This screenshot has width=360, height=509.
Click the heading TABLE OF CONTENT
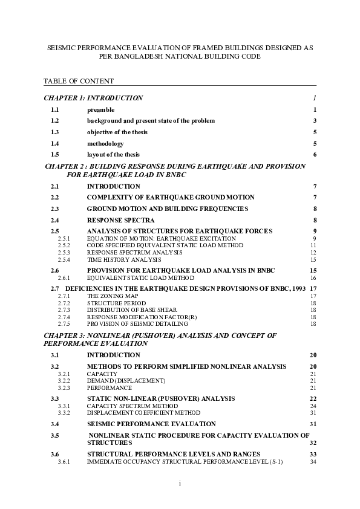[x=79, y=80]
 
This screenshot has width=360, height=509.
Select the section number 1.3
[x=54, y=132]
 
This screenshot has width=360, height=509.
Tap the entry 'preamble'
[x=100, y=109]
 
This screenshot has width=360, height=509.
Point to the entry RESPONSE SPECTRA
[x=120, y=220]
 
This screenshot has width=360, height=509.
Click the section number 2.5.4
[x=64, y=259]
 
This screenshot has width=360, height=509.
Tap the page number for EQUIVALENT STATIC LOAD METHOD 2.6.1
[x=313, y=277]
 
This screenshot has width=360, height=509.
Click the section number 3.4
[x=54, y=424]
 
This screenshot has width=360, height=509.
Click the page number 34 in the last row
[x=313, y=462]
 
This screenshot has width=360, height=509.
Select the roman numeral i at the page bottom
[x=180, y=483]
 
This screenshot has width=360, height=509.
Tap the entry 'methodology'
[x=105, y=143]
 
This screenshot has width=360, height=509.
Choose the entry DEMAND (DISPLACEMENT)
[x=126, y=381]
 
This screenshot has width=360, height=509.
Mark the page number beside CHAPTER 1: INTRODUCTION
[x=315, y=98]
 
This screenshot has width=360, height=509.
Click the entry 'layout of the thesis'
[x=113, y=154]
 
